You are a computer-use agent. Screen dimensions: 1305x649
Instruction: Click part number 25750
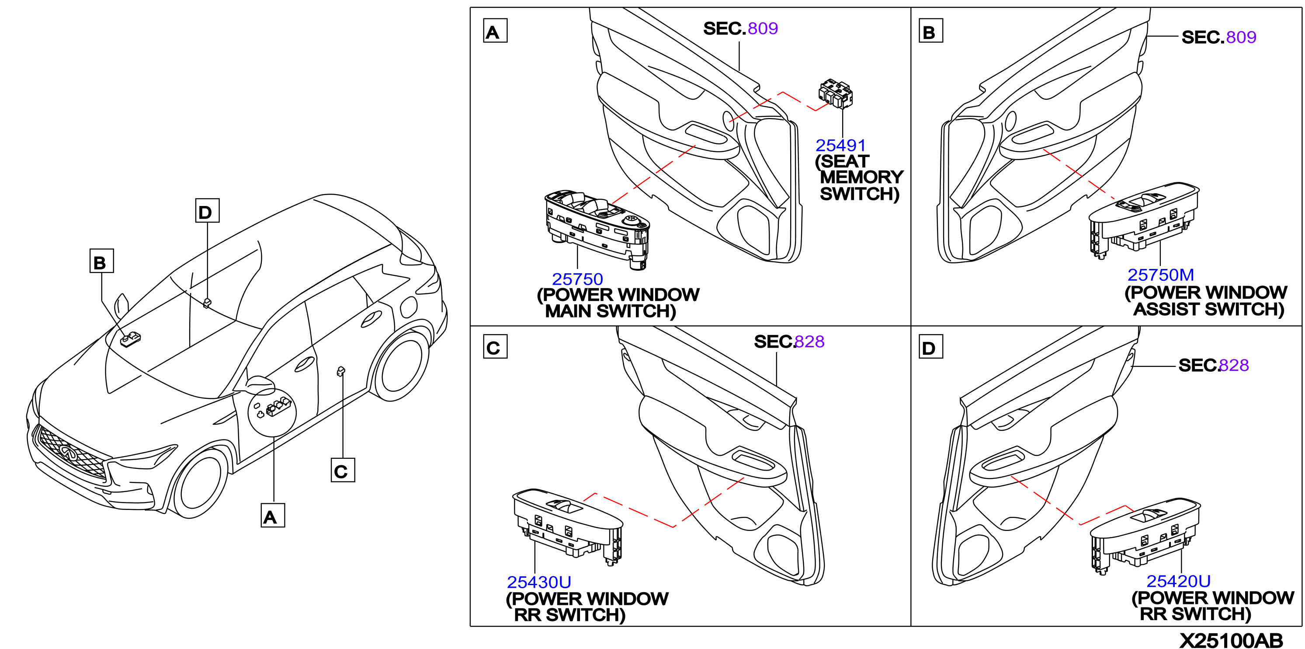tap(577, 279)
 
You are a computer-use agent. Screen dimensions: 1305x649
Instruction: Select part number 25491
tap(840, 146)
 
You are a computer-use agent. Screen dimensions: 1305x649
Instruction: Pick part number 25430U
tap(538, 582)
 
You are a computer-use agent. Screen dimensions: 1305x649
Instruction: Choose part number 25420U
tap(1178, 580)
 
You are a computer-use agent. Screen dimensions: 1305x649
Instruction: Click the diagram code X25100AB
tap(1232, 640)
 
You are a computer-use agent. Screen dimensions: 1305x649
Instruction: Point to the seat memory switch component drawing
tap(835, 94)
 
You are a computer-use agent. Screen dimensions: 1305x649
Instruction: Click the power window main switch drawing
tap(597, 229)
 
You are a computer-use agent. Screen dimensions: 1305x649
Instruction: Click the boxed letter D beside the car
tap(207, 210)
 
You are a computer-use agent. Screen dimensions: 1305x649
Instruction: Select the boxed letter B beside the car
tap(101, 261)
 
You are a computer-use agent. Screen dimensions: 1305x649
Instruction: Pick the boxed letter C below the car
tap(343, 470)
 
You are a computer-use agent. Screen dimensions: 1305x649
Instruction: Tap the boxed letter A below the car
tap(273, 515)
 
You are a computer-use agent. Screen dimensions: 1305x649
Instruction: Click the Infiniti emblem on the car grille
tap(68, 451)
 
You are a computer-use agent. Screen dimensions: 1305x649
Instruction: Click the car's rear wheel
tap(400, 366)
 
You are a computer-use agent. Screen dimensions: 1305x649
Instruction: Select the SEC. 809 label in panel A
tap(740, 28)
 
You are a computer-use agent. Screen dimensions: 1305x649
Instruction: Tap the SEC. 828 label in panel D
tap(1213, 365)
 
